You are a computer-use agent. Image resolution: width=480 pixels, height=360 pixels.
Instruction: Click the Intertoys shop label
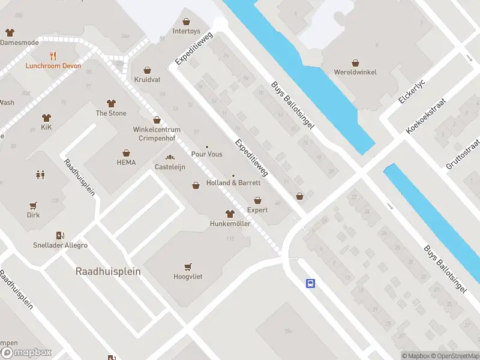pyautogui.click(x=186, y=31)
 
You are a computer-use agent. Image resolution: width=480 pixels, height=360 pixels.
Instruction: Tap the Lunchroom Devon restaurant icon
pyautogui.click(x=53, y=56)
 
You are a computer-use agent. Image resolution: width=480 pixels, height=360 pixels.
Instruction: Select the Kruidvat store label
pyautogui.click(x=146, y=79)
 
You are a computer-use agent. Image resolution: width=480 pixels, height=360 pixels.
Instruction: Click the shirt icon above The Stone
pyautogui.click(x=111, y=103)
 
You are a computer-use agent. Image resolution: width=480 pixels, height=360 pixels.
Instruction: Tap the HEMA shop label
pyautogui.click(x=126, y=162)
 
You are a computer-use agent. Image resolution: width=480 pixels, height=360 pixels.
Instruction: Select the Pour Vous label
pyautogui.click(x=206, y=154)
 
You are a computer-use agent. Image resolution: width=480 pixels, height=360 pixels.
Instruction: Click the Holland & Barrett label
pyautogui.click(x=233, y=182)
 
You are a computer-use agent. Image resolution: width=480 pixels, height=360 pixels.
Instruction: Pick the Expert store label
pyautogui.click(x=257, y=210)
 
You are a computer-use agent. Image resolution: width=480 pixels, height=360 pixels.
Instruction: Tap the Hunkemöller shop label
pyautogui.click(x=229, y=224)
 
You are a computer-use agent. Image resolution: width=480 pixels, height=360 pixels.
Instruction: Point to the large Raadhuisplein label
pyautogui.click(x=108, y=271)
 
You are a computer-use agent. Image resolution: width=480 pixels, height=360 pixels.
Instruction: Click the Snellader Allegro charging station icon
pyautogui.click(x=60, y=236)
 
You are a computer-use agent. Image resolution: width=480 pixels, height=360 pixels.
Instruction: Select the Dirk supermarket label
pyautogui.click(x=33, y=215)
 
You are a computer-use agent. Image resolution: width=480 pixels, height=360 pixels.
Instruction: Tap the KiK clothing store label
pyautogui.click(x=46, y=128)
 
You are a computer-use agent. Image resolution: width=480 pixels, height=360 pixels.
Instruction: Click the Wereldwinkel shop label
pyautogui.click(x=355, y=72)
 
